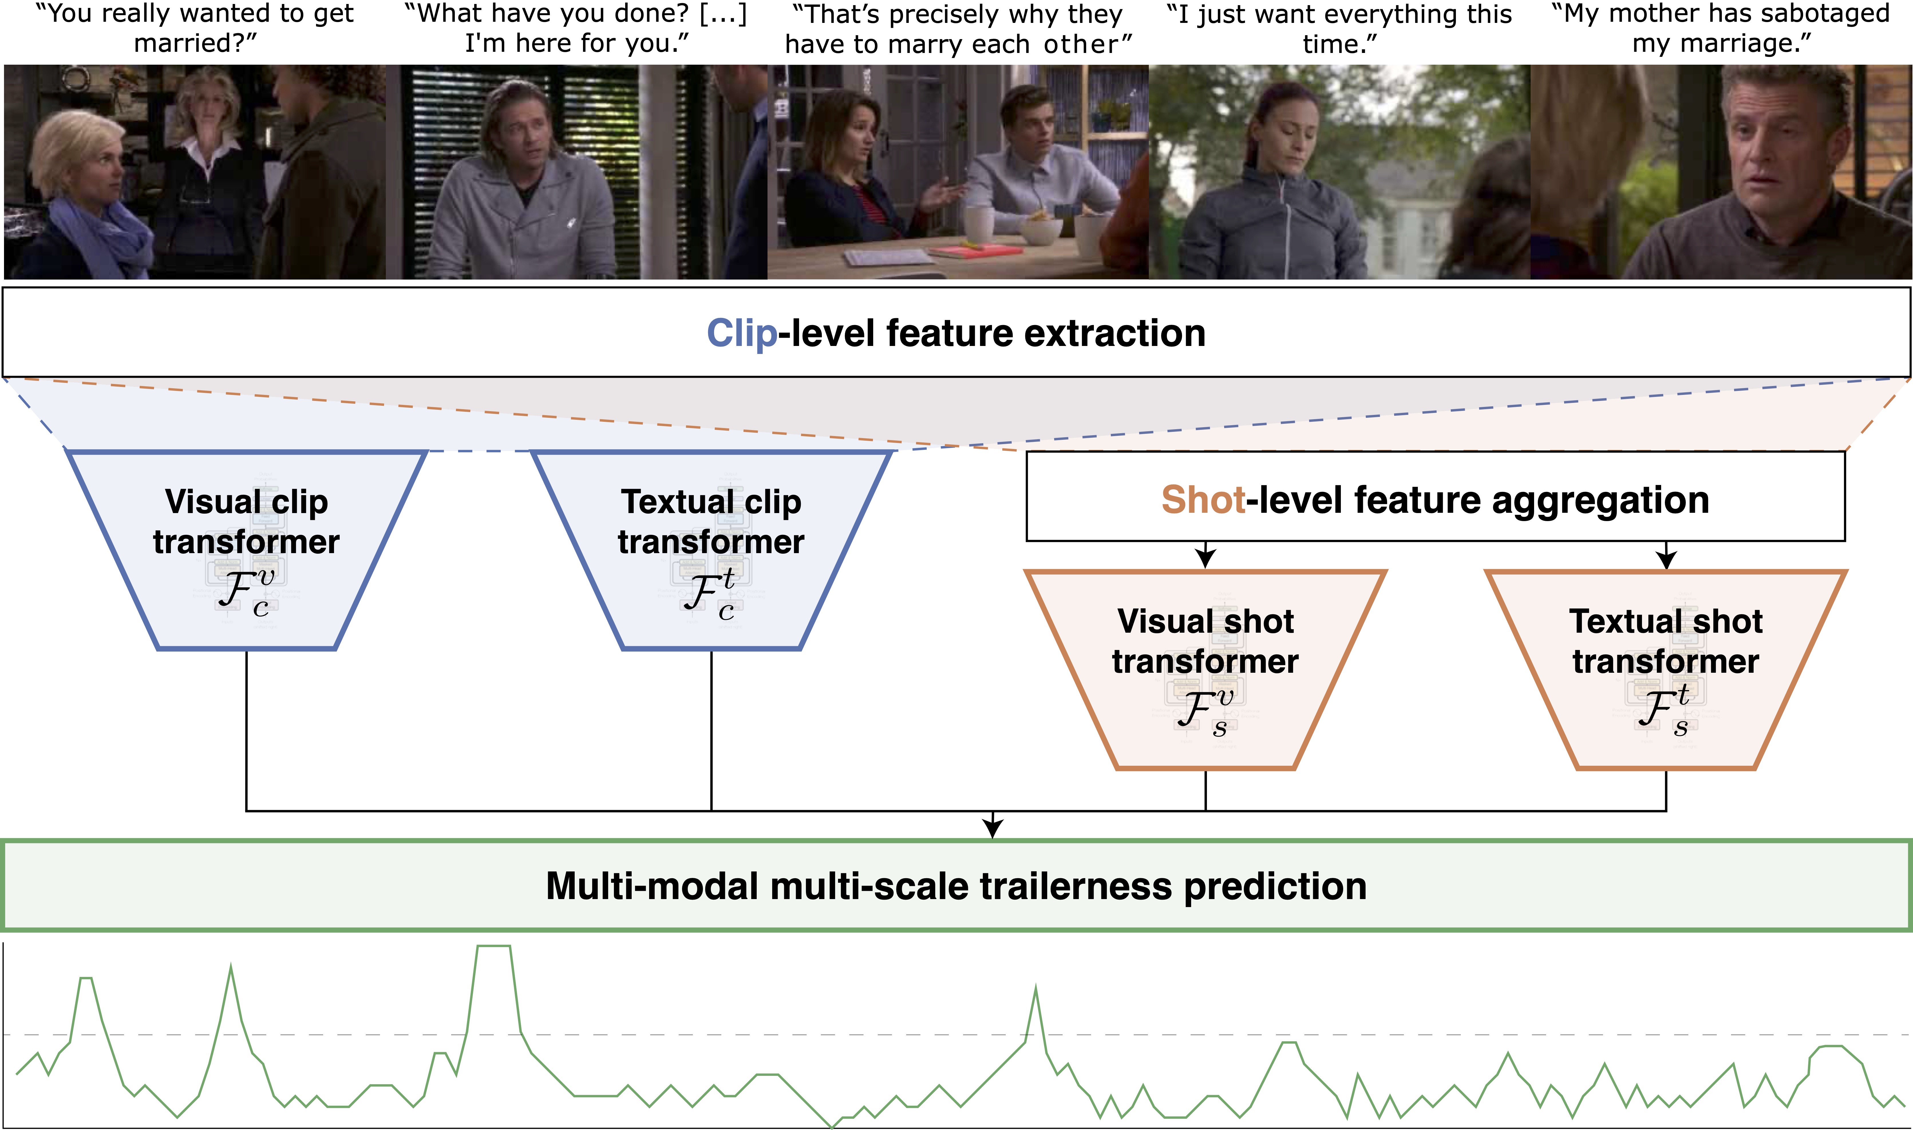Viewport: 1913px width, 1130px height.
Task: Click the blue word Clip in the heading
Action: coord(742,334)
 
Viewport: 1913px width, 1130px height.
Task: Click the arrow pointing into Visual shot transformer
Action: coord(1205,558)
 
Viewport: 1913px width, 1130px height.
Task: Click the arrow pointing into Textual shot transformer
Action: coord(1666,558)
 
